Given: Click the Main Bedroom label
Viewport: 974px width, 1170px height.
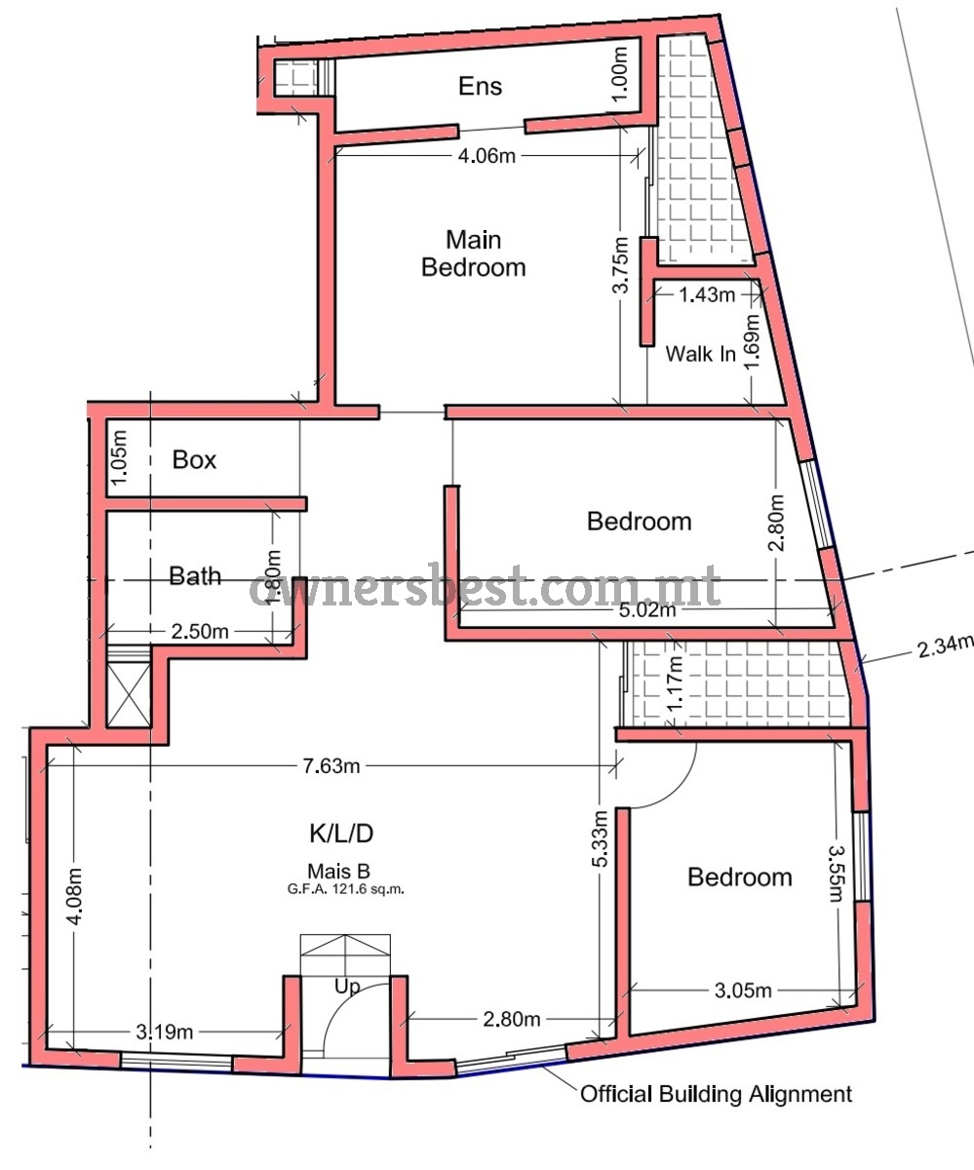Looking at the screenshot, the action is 474,253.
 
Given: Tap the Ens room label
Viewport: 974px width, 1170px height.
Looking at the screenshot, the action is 481,86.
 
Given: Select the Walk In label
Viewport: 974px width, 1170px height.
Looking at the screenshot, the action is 700,354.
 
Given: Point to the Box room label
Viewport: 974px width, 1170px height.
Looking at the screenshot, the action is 194,459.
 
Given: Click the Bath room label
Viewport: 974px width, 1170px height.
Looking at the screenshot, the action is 195,576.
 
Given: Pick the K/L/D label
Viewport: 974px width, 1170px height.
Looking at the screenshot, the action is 341,834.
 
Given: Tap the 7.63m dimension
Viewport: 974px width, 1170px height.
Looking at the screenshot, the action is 331,766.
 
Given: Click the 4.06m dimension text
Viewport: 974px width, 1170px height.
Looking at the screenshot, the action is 487,156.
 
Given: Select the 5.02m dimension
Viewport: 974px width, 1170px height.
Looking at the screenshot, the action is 647,609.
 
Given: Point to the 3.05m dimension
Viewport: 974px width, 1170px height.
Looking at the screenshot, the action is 743,991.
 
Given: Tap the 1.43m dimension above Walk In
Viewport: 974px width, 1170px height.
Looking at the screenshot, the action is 707,294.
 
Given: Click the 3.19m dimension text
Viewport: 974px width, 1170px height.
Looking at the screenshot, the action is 165,1031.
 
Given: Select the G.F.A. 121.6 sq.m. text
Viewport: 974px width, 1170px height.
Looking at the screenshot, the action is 346,888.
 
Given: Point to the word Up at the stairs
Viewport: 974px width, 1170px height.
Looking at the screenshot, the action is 347,987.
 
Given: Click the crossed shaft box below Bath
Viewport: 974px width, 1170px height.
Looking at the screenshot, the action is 129,695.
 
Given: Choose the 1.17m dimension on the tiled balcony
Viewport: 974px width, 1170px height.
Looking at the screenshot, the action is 676,683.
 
